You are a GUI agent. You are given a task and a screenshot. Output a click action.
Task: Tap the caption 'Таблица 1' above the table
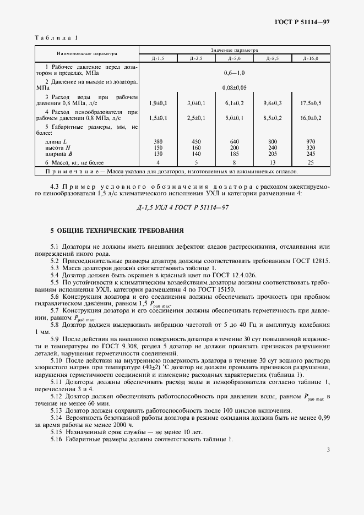pos(57,37)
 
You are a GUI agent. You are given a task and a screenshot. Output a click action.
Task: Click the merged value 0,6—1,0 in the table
pos(234,73)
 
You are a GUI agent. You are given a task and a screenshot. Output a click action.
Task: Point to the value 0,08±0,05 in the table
pos(234,87)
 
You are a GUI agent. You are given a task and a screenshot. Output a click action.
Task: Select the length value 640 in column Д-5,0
pos(234,141)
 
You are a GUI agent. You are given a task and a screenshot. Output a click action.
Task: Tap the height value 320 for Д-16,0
pos(311,147)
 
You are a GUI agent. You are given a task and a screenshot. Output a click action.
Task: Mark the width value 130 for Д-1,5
pos(158,154)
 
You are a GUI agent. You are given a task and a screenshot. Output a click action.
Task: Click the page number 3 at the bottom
pos(328,450)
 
